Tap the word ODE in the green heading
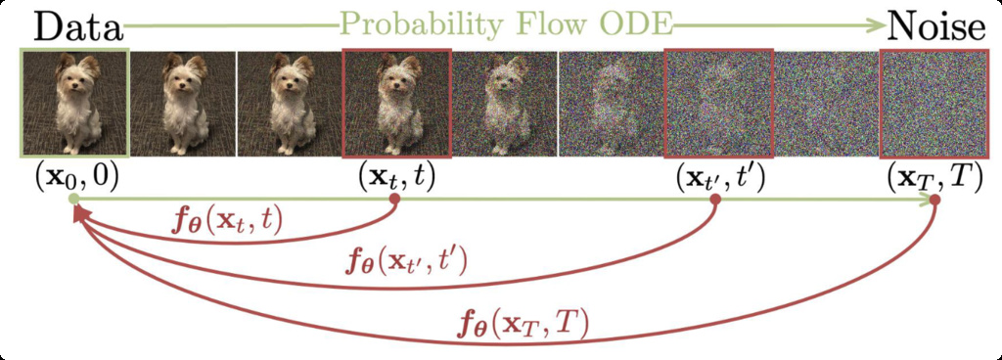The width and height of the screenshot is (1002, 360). (636, 26)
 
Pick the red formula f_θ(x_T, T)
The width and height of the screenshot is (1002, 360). (524, 324)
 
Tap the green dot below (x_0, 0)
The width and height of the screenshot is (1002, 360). (74, 200)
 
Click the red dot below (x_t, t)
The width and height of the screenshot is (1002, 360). (395, 200)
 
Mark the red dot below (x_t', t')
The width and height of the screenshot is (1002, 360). (715, 200)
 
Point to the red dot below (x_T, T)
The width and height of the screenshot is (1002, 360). (934, 201)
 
